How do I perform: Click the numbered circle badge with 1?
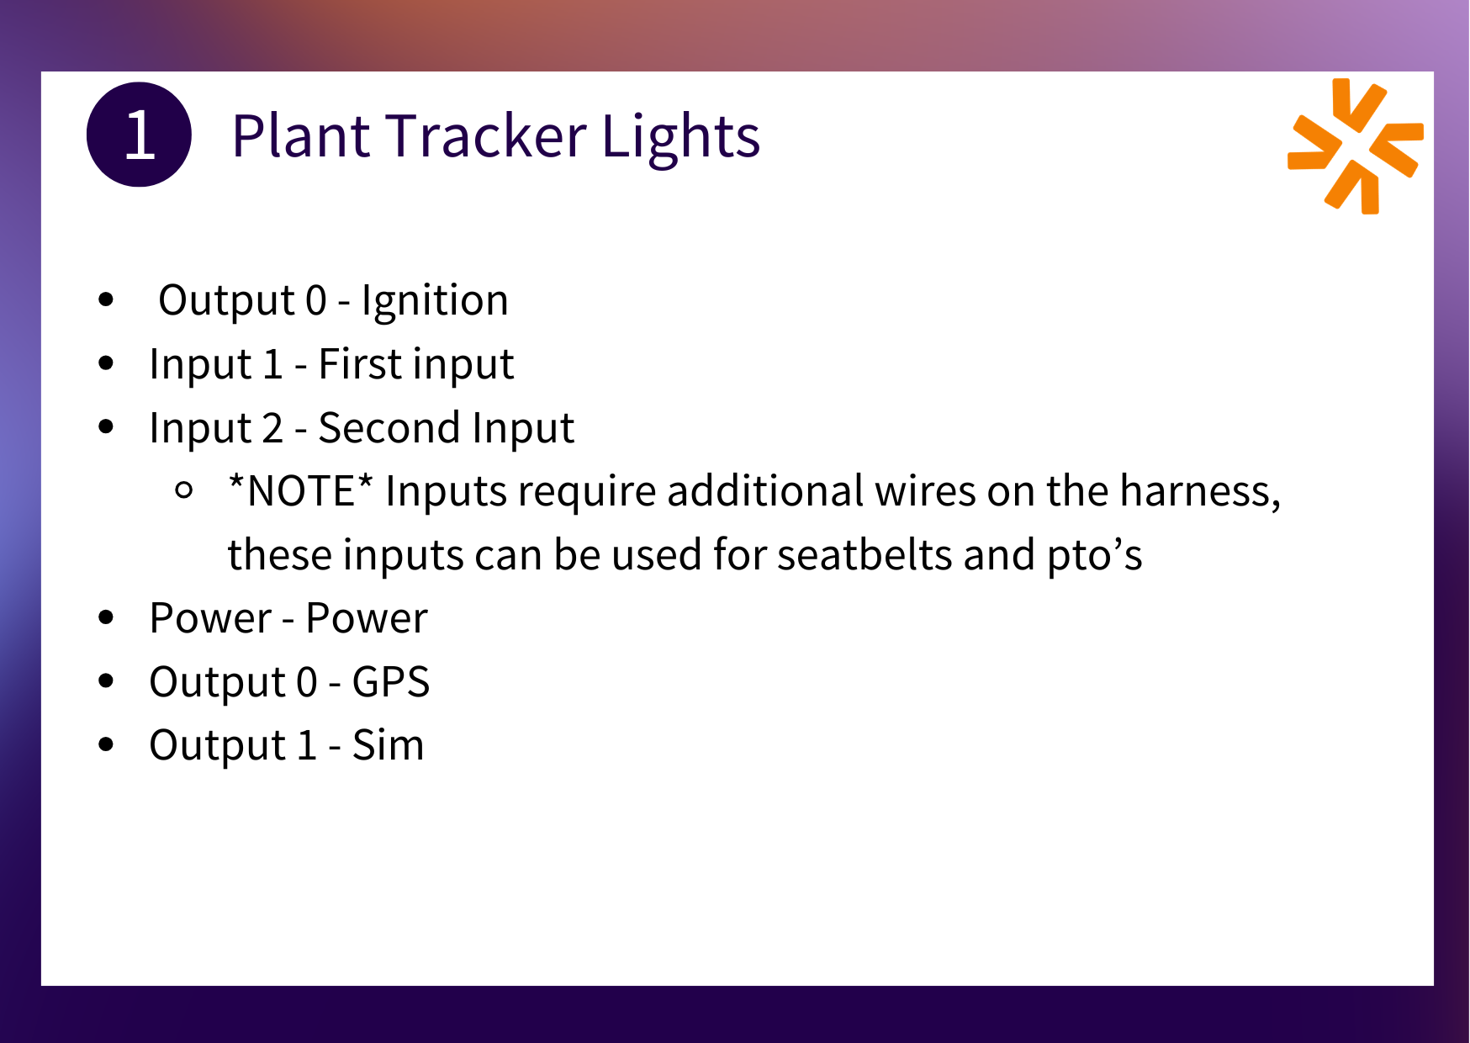tap(139, 135)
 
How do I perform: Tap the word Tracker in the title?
tap(487, 136)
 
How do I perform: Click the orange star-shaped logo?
tap(1356, 146)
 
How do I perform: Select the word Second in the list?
tap(389, 428)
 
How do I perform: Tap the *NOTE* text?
tap(300, 491)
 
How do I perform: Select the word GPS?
tap(391, 682)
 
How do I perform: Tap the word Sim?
tap(389, 746)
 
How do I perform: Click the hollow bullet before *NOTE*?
tap(185, 490)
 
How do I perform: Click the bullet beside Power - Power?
tap(106, 617)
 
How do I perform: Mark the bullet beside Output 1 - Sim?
tap(106, 744)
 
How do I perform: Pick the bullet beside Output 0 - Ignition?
tap(106, 299)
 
